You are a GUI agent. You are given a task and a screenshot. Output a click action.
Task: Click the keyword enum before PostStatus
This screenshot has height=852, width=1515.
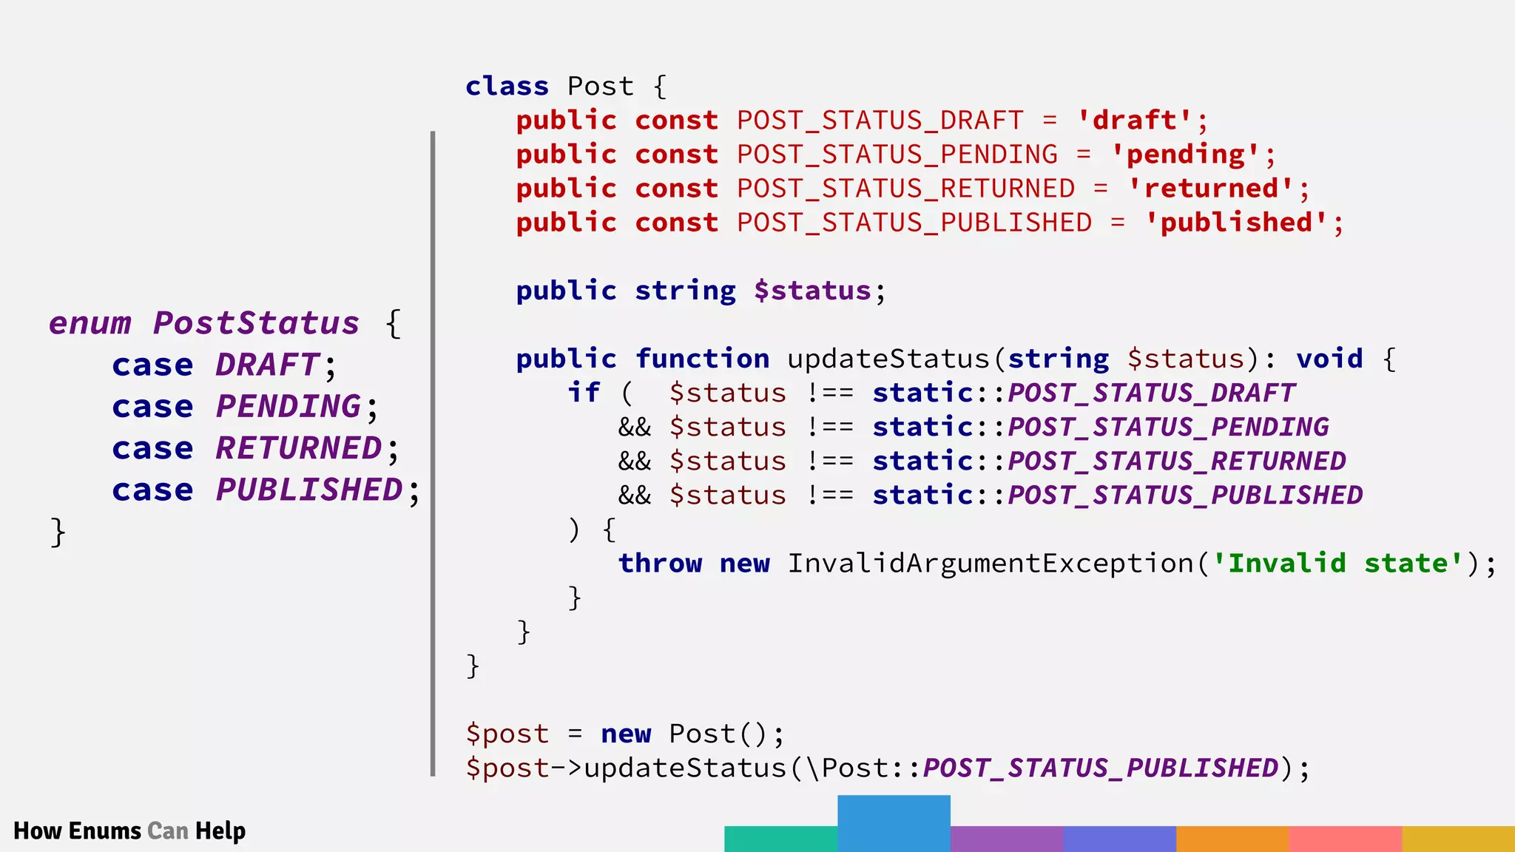(90, 323)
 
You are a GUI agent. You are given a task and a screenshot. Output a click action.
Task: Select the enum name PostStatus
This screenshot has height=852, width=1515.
(256, 323)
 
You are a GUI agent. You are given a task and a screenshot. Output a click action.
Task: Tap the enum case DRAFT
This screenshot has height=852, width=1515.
(267, 365)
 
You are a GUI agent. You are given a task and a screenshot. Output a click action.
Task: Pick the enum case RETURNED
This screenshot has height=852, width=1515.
(299, 449)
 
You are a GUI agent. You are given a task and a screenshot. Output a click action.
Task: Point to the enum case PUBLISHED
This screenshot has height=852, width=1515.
(309, 490)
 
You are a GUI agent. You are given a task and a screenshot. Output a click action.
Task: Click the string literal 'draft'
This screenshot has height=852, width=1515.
(1135, 121)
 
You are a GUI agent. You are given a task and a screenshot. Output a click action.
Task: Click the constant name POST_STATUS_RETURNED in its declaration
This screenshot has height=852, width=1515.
(905, 189)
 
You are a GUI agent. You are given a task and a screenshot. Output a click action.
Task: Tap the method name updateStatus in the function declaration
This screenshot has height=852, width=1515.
(888, 359)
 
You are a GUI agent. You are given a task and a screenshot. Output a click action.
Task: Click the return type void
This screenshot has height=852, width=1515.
(1329, 359)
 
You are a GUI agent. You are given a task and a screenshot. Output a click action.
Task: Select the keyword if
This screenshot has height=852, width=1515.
(584, 393)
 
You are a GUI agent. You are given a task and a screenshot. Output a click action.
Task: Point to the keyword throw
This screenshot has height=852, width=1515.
(660, 564)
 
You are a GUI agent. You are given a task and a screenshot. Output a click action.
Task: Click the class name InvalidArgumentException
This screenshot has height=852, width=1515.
(990, 564)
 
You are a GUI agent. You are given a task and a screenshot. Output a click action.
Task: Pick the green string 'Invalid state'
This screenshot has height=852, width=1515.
(1338, 564)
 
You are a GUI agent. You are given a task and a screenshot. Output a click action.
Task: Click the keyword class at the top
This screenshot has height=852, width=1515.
(507, 87)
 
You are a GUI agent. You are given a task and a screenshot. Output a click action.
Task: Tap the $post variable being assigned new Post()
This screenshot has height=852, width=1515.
(507, 734)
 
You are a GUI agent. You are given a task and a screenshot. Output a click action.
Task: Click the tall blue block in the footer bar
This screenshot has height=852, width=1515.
(894, 823)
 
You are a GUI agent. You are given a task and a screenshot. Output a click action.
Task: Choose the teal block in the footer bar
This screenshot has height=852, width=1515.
(780, 839)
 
